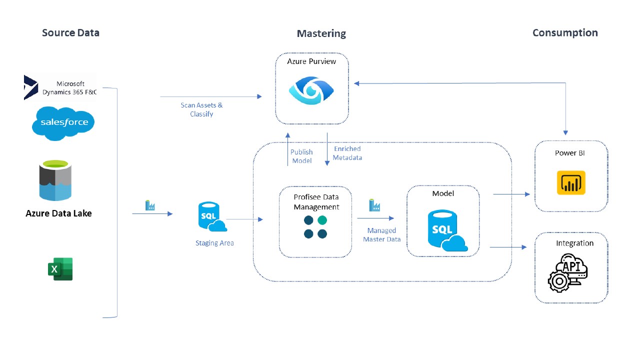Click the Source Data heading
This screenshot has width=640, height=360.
[x=70, y=33]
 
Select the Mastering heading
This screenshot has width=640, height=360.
[x=321, y=33]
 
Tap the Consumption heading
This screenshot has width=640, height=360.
[x=565, y=33]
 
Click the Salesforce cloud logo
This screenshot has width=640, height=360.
[x=63, y=122]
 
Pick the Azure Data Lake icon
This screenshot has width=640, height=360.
[x=55, y=180]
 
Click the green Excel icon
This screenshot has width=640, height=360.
[x=60, y=269]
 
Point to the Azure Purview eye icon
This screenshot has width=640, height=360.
[x=311, y=89]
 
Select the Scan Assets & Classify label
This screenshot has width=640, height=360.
[x=201, y=109]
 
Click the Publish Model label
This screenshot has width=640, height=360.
[x=301, y=156]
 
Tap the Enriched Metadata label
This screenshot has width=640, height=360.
[x=347, y=153]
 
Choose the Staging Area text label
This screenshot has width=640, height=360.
[x=214, y=243]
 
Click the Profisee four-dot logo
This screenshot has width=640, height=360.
[x=315, y=226]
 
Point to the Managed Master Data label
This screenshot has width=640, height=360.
[x=381, y=235]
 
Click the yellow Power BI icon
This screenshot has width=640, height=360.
[x=571, y=183]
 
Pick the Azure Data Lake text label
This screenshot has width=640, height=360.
[x=58, y=213]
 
